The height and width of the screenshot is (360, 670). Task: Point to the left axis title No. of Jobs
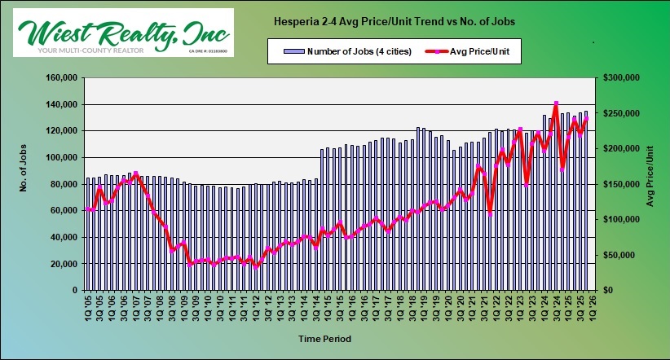click(25, 184)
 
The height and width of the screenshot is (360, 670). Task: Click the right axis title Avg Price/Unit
click(650, 184)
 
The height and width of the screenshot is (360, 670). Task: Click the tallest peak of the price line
click(555, 103)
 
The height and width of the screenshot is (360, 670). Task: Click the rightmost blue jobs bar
click(585, 200)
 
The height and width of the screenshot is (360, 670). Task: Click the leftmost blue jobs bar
click(87, 234)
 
